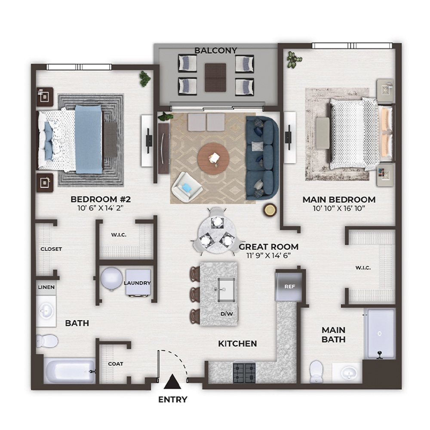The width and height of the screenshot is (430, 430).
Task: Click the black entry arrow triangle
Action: click(x=172, y=381)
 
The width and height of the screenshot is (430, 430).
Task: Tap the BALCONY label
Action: click(x=215, y=50)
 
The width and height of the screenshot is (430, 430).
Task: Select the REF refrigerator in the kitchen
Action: click(x=289, y=286)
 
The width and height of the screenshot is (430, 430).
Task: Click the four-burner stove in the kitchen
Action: click(x=244, y=373)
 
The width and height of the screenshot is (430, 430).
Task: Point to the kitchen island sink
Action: click(x=226, y=290)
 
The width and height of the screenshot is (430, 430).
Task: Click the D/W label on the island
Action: click(x=227, y=314)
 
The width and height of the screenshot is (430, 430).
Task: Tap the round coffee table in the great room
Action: click(x=213, y=159)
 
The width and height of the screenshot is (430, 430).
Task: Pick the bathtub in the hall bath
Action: click(x=70, y=371)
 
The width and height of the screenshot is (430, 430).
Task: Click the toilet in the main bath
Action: click(x=316, y=372)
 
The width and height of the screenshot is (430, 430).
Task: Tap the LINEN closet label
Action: click(x=46, y=287)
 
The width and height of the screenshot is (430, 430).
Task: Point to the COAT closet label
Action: click(x=115, y=364)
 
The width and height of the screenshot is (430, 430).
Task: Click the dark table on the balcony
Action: click(x=215, y=77)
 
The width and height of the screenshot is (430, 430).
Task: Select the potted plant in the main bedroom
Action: click(x=294, y=59)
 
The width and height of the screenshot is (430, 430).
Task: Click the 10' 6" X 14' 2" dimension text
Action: click(x=100, y=208)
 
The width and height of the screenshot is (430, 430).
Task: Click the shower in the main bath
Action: click(x=380, y=334)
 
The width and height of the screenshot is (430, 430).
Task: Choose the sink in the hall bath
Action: click(x=46, y=311)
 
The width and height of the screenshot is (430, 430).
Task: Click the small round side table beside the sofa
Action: click(x=270, y=210)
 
